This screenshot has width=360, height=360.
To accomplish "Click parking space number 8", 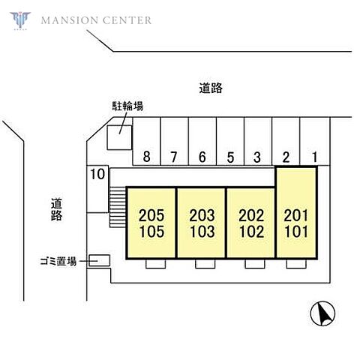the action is pos(146,141).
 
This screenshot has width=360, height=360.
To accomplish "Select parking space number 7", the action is pos(174,141).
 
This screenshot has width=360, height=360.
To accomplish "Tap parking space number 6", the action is pos(202,141).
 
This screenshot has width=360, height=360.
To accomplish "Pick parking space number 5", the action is pos(230,141).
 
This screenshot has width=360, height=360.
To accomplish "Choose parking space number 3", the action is pos(258,141).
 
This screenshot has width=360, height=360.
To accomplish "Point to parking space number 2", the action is pos(286,141).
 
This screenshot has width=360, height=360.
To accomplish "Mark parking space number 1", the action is pos(315,141).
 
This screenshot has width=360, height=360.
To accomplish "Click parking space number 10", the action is pos(97,189).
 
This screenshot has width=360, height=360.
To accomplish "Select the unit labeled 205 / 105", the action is pos(151,223).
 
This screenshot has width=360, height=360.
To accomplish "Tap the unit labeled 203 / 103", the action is pos(202,223).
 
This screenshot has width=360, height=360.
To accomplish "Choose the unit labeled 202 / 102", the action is pos(251,223).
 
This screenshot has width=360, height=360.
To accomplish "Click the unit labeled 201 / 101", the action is pos(296,212).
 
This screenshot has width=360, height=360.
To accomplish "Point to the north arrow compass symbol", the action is pos(322,313).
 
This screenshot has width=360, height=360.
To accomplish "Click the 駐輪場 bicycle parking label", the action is pos(127,106).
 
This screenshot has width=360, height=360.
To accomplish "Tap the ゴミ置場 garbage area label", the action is pos(58,262).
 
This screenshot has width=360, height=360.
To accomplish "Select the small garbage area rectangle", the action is pos(100,260).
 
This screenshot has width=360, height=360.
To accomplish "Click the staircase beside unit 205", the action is pos(118,207).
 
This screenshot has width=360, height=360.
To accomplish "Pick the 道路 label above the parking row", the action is pos(211,88).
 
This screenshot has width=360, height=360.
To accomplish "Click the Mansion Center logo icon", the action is pos(20,20).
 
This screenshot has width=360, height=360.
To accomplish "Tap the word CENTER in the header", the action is pos(127,20).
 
